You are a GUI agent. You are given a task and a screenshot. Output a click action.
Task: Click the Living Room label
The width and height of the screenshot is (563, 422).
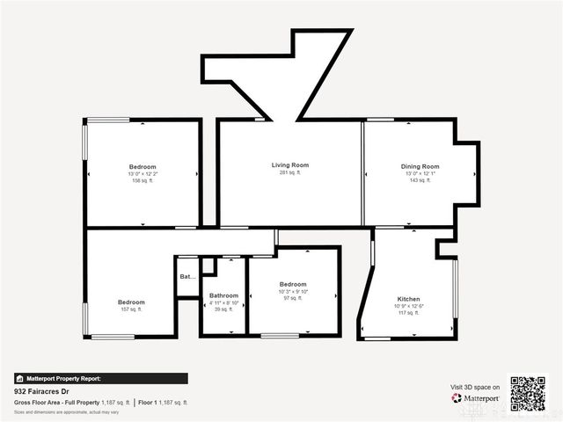tap(289, 165)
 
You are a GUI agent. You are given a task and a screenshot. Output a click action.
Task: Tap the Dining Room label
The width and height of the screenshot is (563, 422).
tap(420, 166)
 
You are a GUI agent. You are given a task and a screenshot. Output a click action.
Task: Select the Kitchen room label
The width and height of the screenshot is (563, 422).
tap(408, 299)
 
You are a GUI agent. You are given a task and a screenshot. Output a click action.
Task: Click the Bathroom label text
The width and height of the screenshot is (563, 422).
tap(223, 295)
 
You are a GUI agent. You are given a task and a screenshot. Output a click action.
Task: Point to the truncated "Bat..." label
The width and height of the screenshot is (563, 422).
tap(187, 277)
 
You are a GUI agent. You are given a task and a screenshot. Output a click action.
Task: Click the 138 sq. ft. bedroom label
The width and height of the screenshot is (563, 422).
tap(143, 167)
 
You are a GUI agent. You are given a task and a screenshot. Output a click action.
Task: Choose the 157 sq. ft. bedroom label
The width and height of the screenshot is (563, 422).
tap(131, 302)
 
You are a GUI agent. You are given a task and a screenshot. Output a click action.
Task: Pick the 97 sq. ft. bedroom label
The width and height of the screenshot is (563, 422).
tap(293, 284)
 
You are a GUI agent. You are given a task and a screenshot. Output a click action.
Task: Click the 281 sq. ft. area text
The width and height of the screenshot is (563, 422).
tap(289, 173)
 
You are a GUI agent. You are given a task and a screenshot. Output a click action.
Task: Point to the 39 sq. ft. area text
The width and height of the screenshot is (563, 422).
tap(223, 309)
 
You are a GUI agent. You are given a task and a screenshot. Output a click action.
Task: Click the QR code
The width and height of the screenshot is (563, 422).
tap(528, 394)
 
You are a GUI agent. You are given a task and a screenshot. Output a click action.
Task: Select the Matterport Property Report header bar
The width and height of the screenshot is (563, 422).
tap(100, 378)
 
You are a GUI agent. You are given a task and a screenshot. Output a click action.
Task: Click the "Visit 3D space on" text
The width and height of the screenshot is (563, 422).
tap(475, 387)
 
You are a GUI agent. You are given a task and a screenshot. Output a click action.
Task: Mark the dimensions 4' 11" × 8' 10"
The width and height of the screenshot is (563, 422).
tap(223, 302)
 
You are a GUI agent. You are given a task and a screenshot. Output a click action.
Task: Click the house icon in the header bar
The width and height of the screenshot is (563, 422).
tap(19, 378)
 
